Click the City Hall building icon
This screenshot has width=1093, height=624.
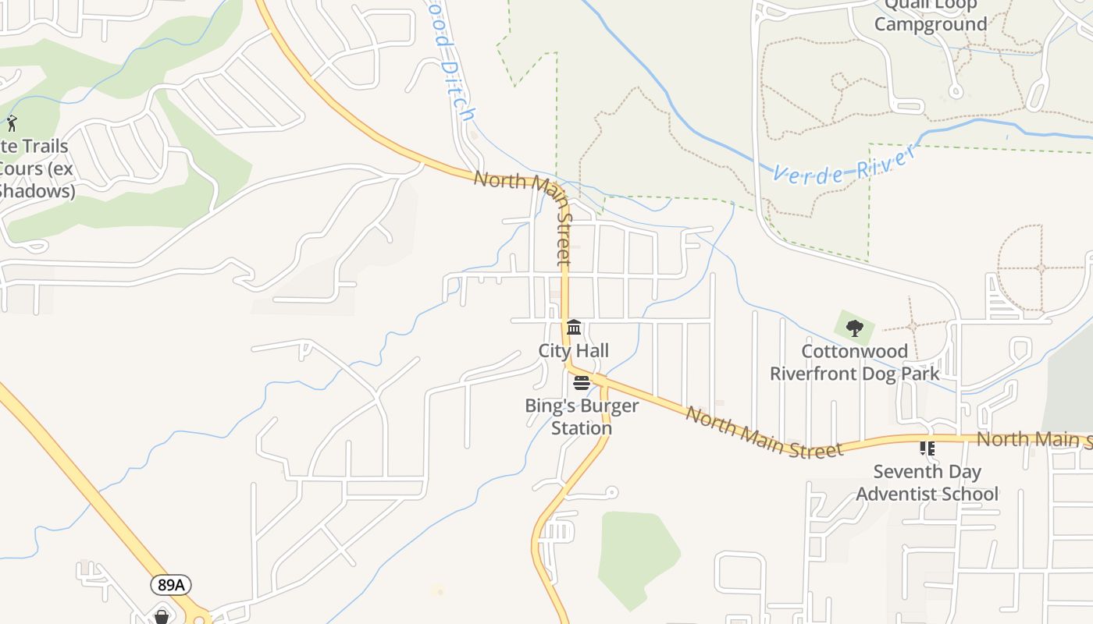coord(574,327)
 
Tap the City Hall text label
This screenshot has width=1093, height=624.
coord(574,351)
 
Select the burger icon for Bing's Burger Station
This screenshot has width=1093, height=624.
coord(582,382)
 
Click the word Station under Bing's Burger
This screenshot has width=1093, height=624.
coord(582,428)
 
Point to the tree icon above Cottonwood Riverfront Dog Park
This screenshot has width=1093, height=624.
coord(855,328)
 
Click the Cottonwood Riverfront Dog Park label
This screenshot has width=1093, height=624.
coord(855,363)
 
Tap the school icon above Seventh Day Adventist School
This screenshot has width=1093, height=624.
coord(927,448)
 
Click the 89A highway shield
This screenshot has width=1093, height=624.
coord(171,585)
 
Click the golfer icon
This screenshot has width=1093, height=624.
coord(12,122)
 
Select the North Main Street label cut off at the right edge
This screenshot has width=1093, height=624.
coord(1034,439)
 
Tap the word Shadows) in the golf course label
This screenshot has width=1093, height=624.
coord(37,190)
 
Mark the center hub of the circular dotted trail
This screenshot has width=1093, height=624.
coord(1041,268)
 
